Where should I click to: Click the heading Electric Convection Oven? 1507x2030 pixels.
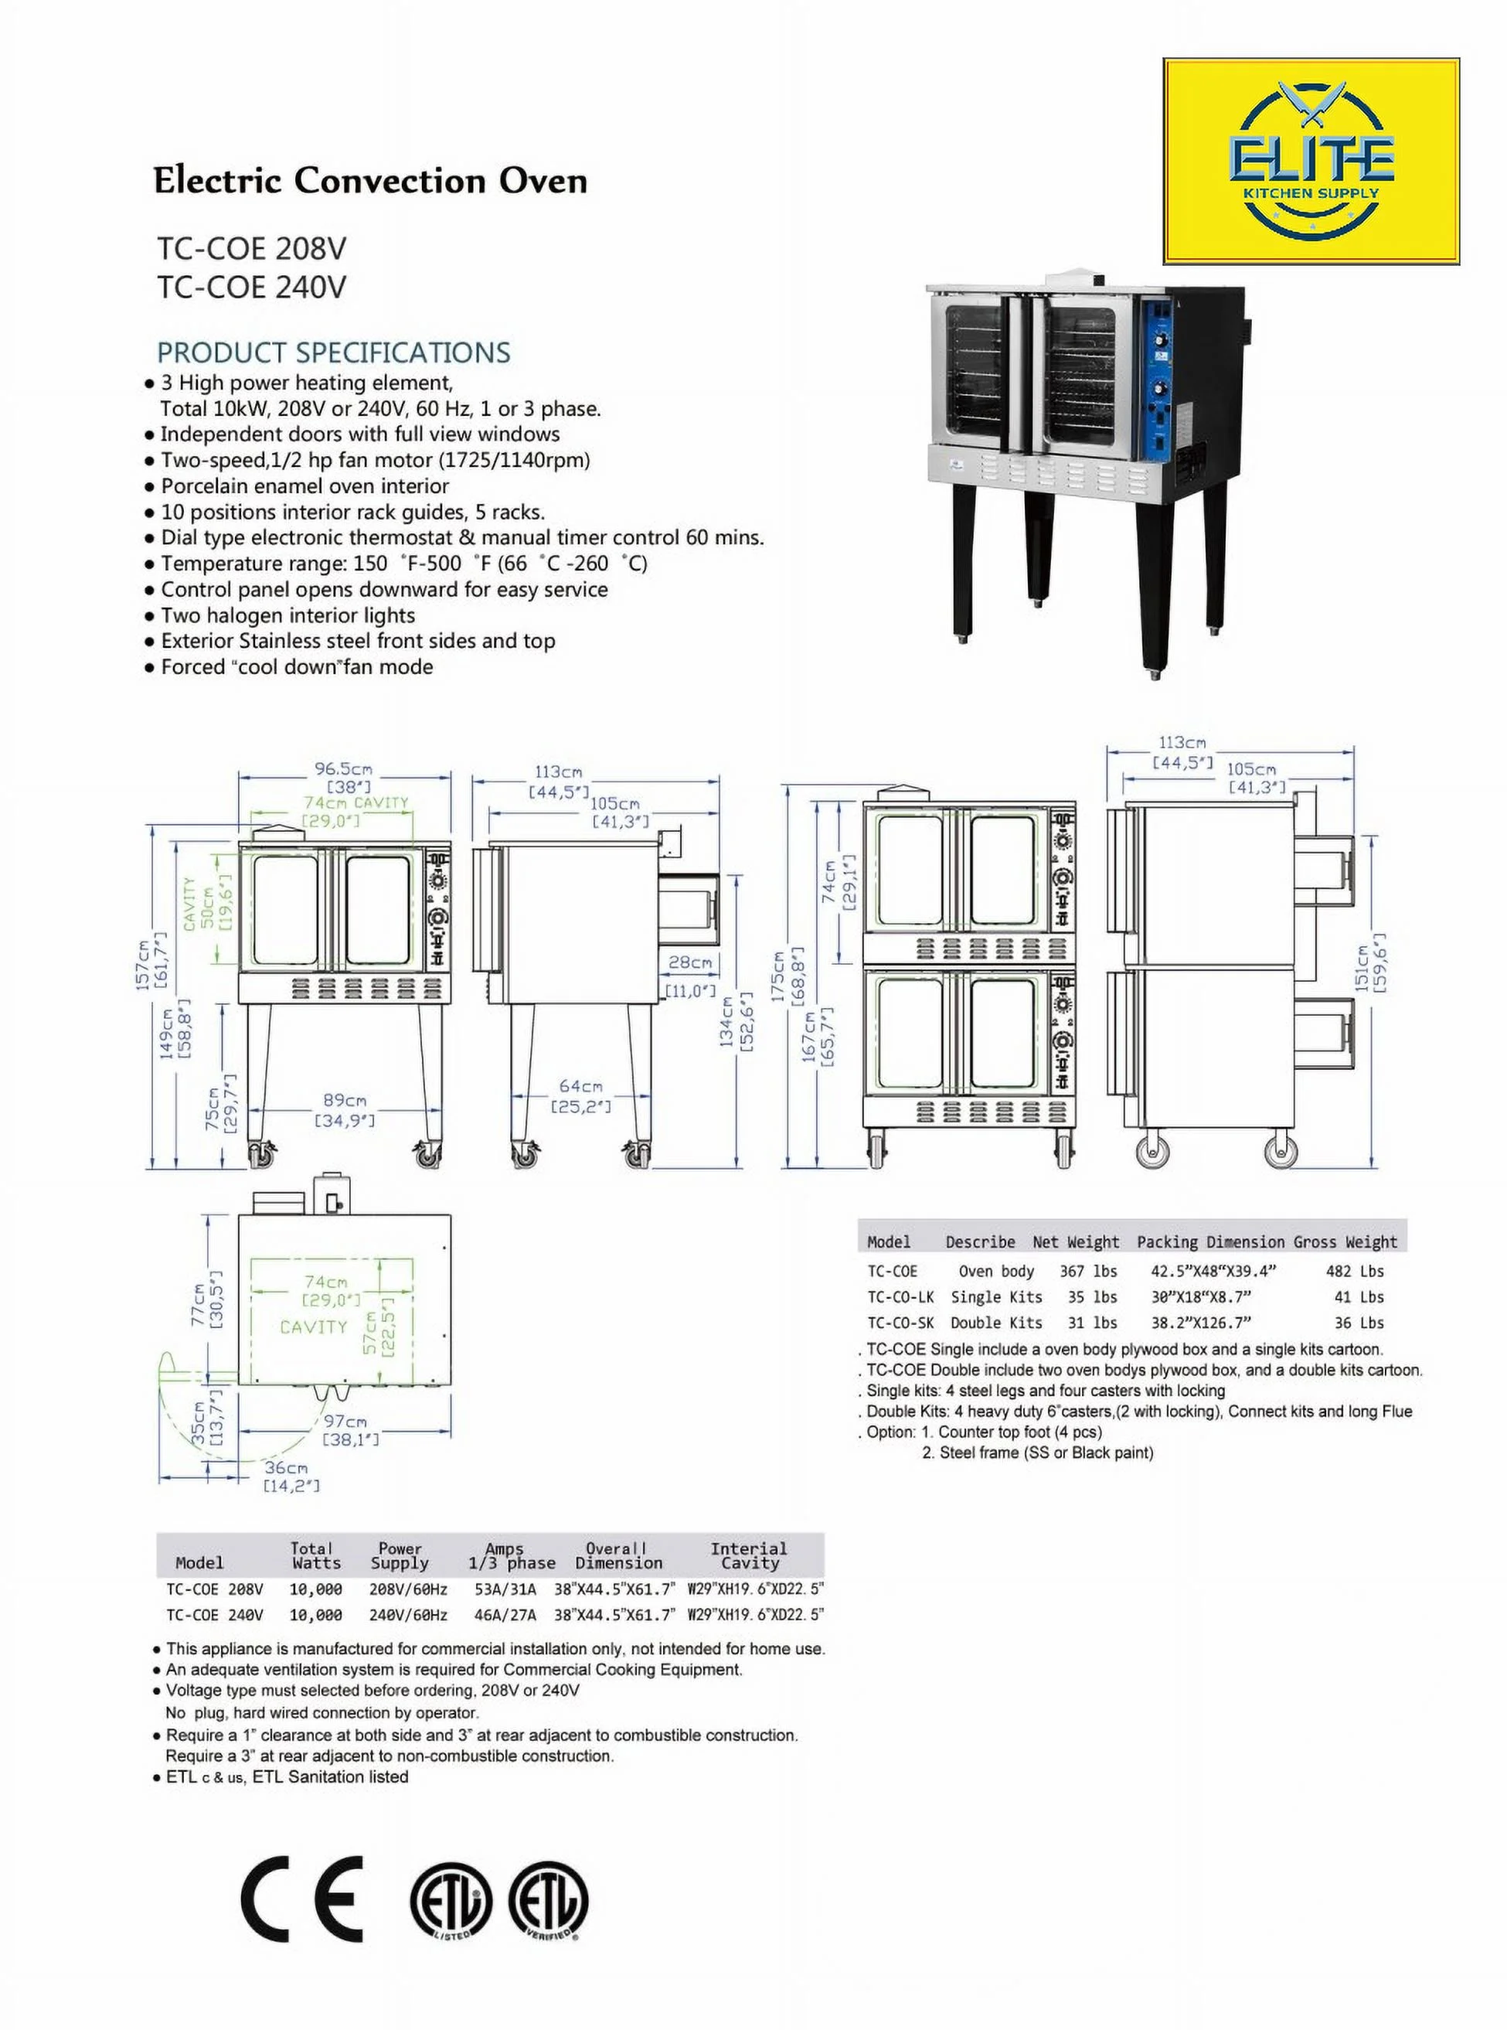pos(369,181)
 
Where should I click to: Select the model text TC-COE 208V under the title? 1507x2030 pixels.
pos(252,248)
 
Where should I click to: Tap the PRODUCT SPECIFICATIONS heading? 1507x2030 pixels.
pos(334,353)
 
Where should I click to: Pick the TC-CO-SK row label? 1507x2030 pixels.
pos(900,1323)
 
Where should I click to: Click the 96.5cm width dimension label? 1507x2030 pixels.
pos(344,770)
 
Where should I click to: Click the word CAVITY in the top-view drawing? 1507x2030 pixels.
pos(313,1327)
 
